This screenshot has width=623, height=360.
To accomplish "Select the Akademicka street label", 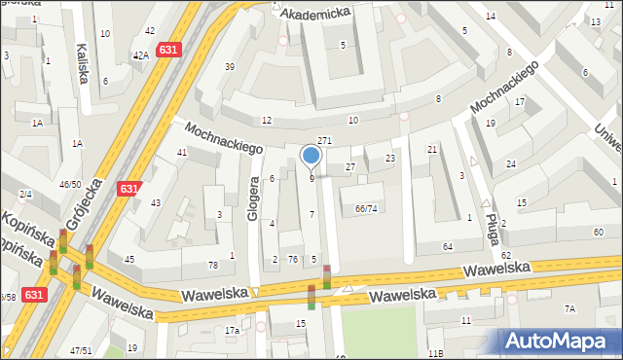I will click(x=315, y=13).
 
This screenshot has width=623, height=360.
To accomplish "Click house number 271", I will click(x=325, y=141).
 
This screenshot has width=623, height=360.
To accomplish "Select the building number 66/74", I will click(x=366, y=209).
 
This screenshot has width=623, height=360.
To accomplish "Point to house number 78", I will click(x=213, y=266).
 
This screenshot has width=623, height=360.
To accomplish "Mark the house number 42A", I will click(x=141, y=55).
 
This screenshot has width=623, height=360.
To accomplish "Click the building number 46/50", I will click(x=70, y=184).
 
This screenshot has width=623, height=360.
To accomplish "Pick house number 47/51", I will click(x=80, y=350).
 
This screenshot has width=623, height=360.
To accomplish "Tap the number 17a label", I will click(x=232, y=332).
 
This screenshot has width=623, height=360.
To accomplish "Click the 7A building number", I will click(x=569, y=308).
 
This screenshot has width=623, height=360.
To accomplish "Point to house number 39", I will click(x=230, y=66).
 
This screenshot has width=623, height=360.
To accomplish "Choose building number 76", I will click(x=292, y=258).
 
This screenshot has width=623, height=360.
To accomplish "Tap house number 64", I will click(x=447, y=247).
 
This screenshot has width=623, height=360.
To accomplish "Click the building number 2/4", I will click(x=24, y=195).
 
